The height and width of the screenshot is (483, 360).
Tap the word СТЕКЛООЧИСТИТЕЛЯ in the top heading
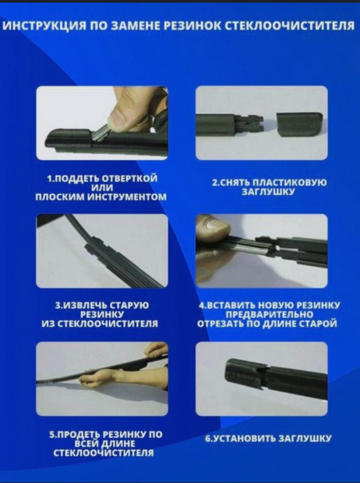pyautogui.click(x=291, y=26)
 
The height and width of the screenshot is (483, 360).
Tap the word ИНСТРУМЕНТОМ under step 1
pyautogui.click(x=127, y=197)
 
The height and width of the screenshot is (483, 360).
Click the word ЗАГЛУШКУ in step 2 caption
pyautogui.click(x=268, y=192)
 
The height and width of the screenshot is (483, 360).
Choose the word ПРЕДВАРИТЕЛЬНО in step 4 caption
pyautogui.click(x=269, y=315)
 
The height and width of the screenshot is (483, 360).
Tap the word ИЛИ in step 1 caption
pyautogui.click(x=102, y=188)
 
